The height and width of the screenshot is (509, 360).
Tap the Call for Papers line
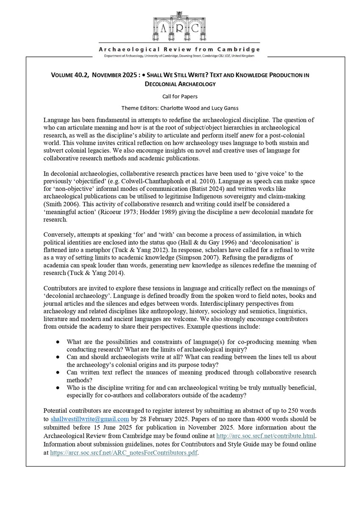pyautogui.click(x=180, y=96)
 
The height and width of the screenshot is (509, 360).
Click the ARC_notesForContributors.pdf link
pyautogui.click(x=124, y=453)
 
